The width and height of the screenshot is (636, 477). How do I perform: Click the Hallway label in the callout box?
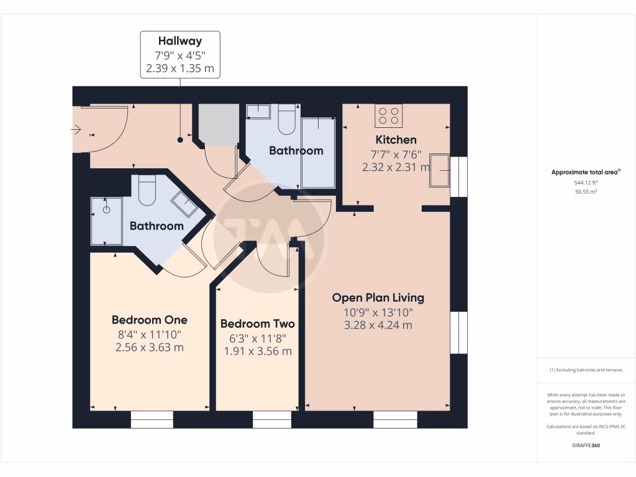click(x=179, y=42)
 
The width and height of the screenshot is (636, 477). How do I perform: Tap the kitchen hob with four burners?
click(x=389, y=116)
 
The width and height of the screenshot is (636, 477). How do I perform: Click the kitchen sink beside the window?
click(x=440, y=170)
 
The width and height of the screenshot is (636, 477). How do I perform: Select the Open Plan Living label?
click(x=378, y=298)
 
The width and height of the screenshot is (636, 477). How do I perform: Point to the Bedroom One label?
click(x=149, y=320)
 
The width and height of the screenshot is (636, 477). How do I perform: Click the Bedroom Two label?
click(x=257, y=324)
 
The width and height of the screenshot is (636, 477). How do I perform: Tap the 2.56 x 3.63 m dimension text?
click(x=149, y=348)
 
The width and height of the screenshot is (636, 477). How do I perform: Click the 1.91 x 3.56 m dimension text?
click(x=257, y=351)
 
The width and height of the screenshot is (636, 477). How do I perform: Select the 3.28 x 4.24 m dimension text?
click(x=378, y=325)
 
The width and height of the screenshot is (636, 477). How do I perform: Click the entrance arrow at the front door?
click(x=76, y=130)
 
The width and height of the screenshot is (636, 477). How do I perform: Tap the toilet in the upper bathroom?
click(x=287, y=120)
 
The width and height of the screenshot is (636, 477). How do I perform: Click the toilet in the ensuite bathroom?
click(x=147, y=190)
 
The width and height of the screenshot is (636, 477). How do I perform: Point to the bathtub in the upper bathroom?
click(x=318, y=152)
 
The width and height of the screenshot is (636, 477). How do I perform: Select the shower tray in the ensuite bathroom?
click(x=106, y=221)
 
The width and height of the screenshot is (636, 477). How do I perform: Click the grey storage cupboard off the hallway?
click(x=218, y=124)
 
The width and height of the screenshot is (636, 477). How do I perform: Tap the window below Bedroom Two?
click(x=272, y=420)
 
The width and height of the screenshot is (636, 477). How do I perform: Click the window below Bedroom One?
click(x=152, y=420)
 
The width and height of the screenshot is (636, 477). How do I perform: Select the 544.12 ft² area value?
click(x=586, y=183)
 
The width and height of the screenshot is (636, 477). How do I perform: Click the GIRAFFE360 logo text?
click(x=586, y=445)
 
